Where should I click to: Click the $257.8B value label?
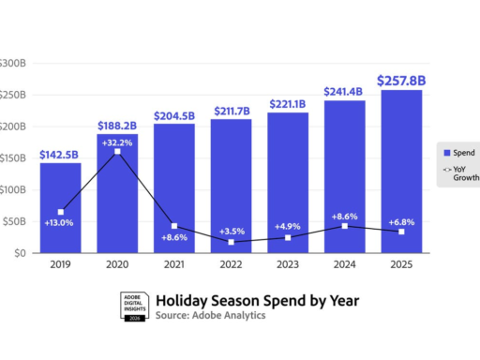[400, 81]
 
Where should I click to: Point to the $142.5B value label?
[59, 155]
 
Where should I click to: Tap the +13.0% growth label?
[58, 222]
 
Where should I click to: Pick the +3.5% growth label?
[232, 230]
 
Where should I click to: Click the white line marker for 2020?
[116, 151]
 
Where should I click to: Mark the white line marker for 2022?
[231, 242]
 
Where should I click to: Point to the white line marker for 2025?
[401, 232]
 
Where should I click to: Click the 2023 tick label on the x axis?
[288, 264]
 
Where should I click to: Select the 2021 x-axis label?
[173, 264]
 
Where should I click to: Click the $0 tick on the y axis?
[19, 253]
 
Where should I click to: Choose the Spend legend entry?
[458, 152]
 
